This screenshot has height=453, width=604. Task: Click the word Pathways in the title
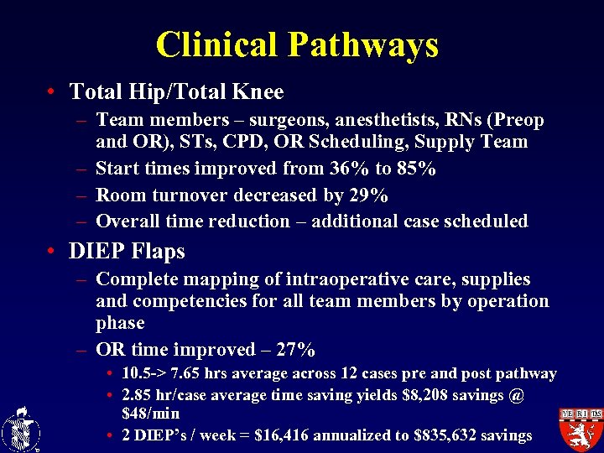pos(367,44)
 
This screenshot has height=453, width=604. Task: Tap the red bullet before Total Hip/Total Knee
pos(52,91)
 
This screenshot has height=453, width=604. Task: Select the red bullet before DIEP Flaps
pos(52,251)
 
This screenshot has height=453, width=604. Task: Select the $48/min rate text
pos(150,414)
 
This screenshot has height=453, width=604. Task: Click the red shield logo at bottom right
pos(580,429)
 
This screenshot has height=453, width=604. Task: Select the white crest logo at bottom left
pos(20,428)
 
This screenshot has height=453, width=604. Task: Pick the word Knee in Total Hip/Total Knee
pos(257,91)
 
